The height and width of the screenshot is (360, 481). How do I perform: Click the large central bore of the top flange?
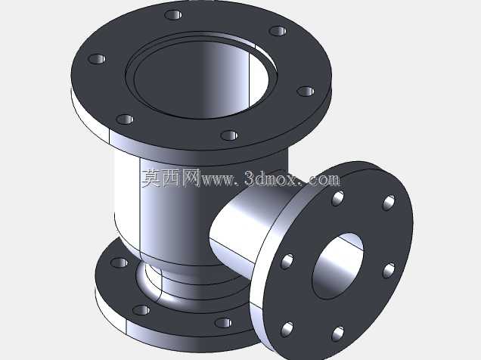click(x=201, y=79)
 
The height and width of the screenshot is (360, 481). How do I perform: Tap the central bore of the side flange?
click(x=337, y=266)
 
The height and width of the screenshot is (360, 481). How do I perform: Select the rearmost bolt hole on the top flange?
click(x=173, y=14)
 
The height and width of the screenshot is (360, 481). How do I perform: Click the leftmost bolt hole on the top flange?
click(x=97, y=59)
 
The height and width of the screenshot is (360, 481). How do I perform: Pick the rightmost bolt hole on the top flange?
click(x=306, y=91)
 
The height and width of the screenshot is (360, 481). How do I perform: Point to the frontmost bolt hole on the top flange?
click(x=229, y=135)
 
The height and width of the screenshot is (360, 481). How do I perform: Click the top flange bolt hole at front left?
click(x=125, y=119)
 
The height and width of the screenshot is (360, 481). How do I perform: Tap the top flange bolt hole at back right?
click(x=278, y=31)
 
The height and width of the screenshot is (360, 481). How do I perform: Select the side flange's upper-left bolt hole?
click(x=338, y=198)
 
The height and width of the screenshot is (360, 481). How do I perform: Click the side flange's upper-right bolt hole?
click(x=389, y=203)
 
